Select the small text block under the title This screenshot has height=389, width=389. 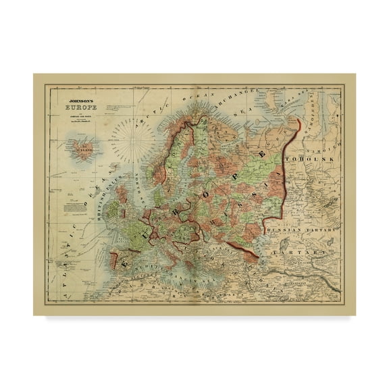coord(75,118)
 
